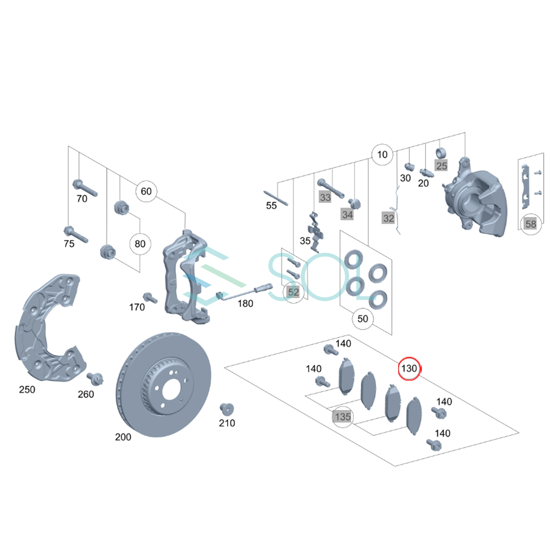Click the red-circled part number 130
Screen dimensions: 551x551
point(409,368)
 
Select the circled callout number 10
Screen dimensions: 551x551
point(382,155)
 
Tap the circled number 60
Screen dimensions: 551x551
point(146,191)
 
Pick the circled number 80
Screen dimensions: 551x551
point(140,244)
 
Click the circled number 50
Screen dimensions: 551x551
point(363,319)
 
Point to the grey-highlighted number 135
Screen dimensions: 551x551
point(343,416)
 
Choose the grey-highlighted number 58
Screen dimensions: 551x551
point(531,224)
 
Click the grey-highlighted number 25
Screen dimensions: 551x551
point(441,166)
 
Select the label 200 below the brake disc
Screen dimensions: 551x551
point(123,437)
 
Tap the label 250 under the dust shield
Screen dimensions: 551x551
point(27,389)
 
